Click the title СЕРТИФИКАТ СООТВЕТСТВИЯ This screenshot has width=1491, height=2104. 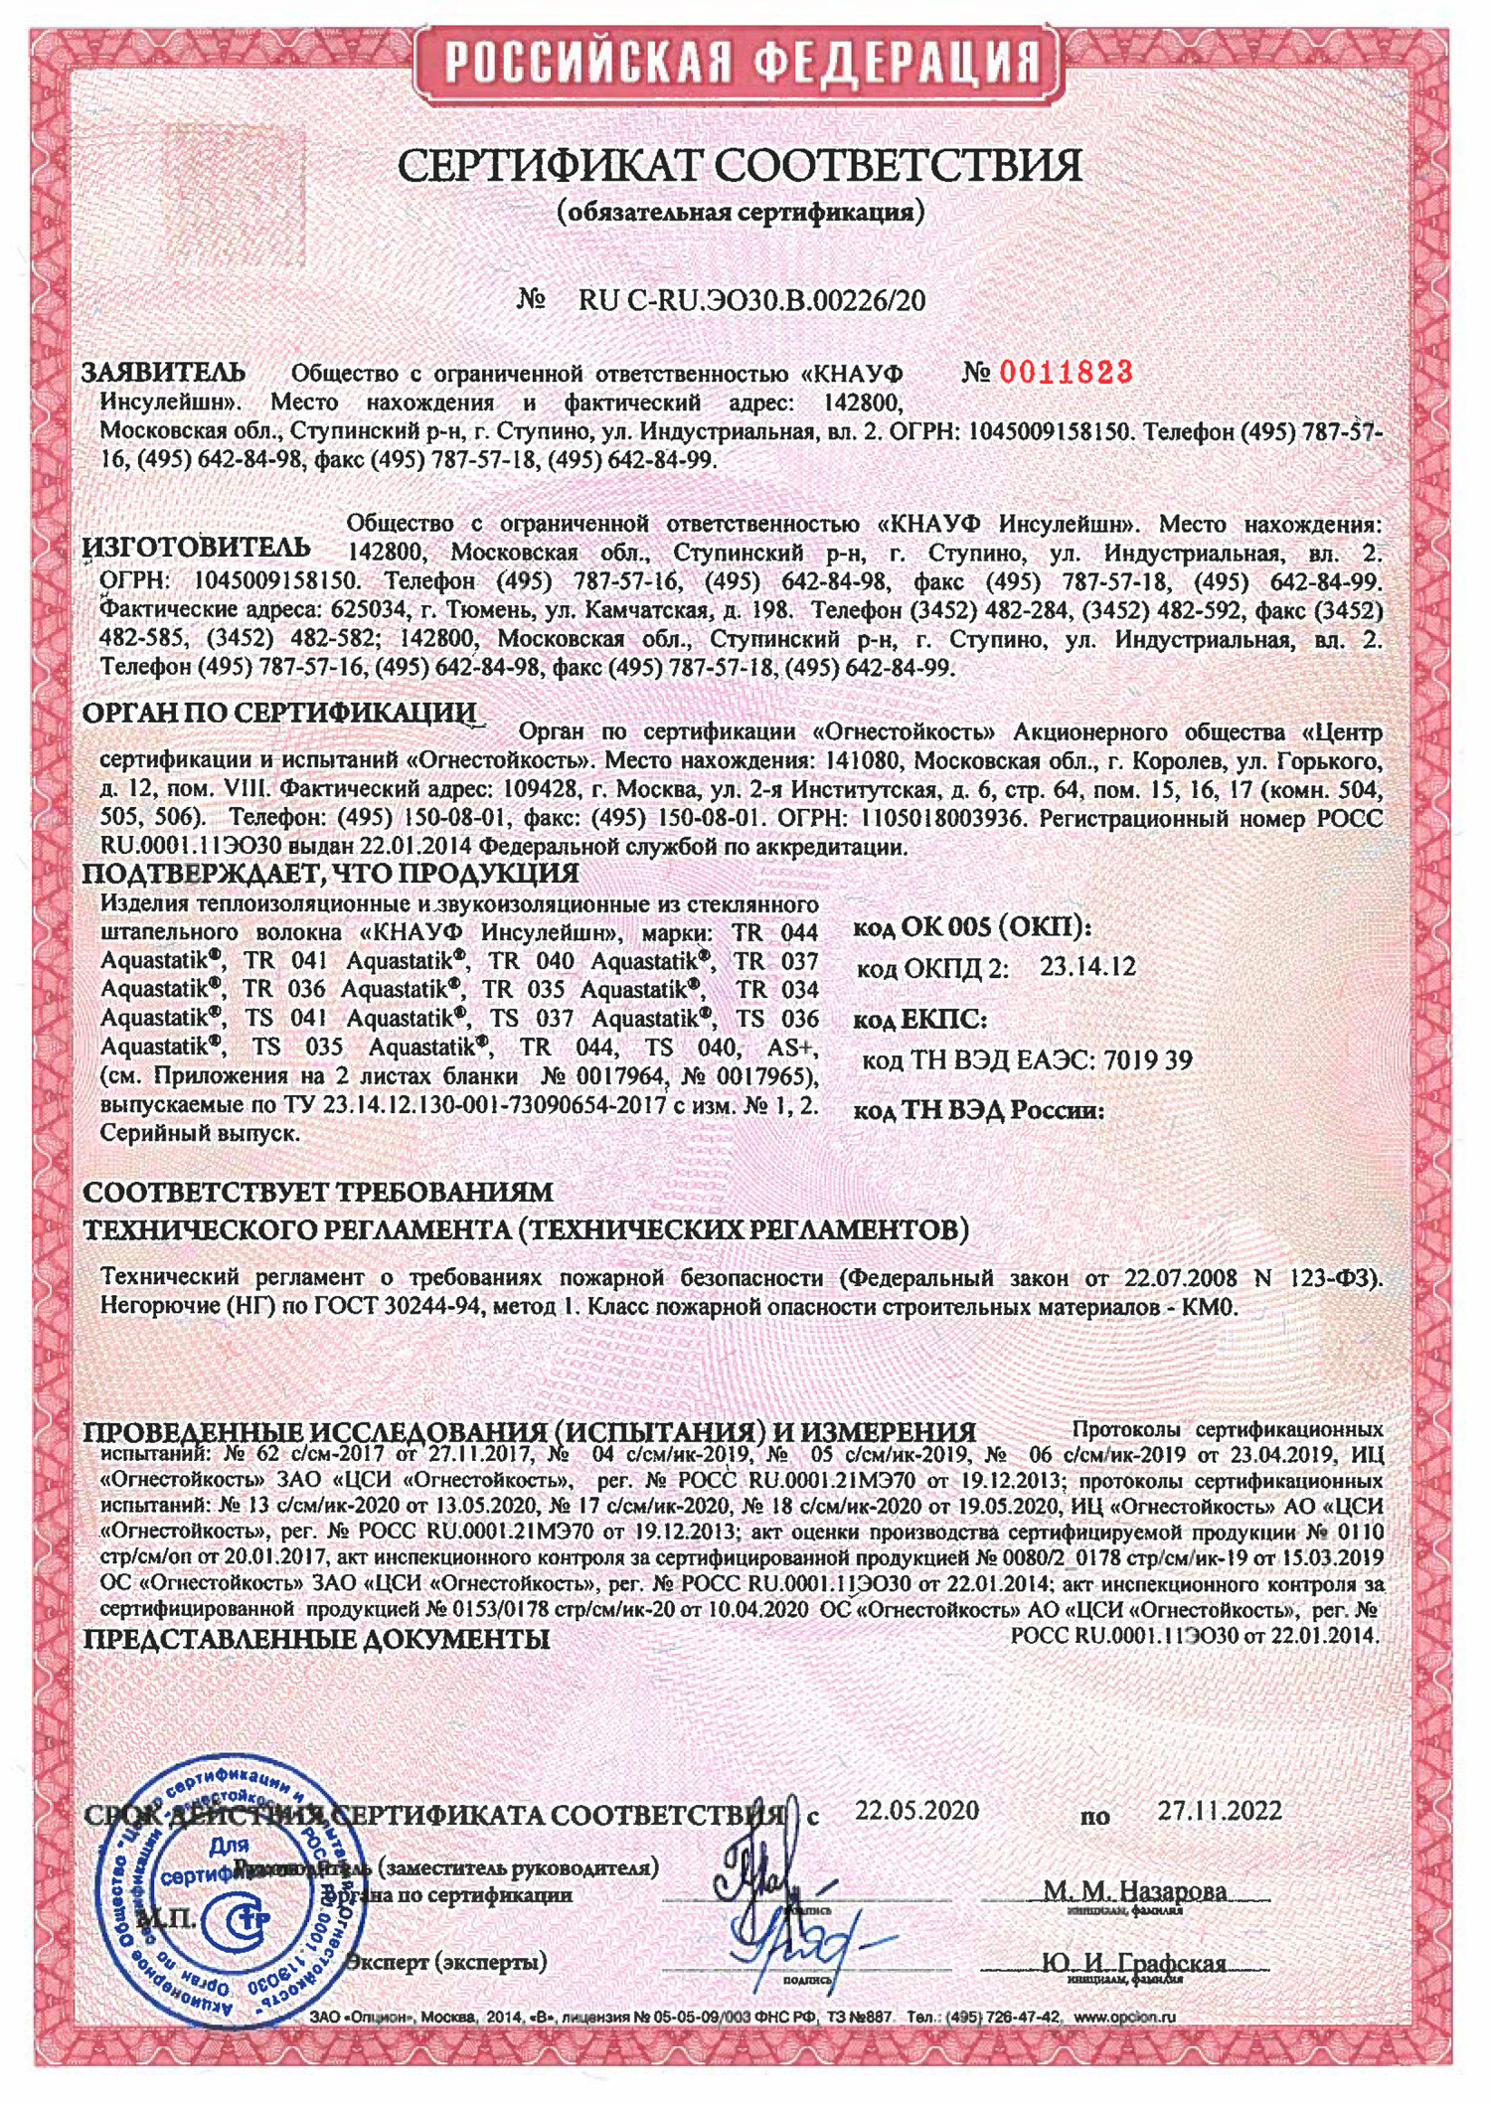coord(740,165)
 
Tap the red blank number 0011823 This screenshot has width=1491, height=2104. coord(1066,373)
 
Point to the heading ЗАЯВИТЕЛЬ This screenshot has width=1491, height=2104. coord(163,373)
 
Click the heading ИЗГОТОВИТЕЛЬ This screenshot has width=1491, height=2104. coord(196,548)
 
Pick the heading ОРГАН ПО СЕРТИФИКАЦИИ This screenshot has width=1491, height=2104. coord(279,713)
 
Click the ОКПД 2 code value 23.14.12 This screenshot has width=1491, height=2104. coord(1087,967)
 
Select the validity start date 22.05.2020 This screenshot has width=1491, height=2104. coord(916,1810)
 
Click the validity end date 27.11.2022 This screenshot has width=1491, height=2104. coord(1219,1810)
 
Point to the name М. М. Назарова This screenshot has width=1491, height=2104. coord(1134,1889)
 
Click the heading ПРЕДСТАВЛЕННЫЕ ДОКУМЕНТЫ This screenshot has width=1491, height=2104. coord(316,1639)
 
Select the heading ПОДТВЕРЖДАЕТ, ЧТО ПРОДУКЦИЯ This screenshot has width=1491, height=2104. coord(330,874)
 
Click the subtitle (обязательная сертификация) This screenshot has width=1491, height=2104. coord(741,212)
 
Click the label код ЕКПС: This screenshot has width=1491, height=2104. coord(919,1020)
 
